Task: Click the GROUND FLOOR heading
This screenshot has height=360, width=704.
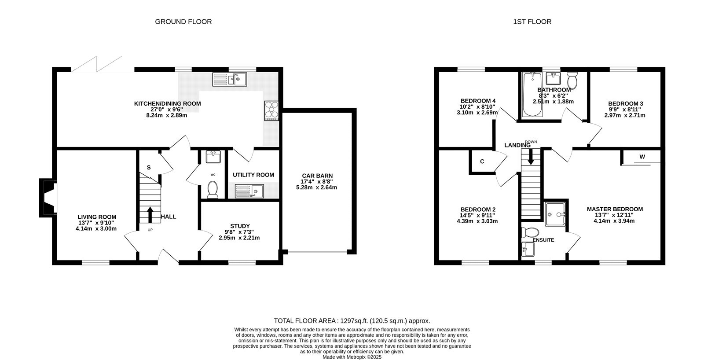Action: pos(183,22)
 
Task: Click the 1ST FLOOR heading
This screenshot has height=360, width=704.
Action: pos(532,22)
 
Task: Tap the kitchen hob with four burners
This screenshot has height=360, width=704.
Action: pos(271,110)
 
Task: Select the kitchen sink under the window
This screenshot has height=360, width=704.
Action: pos(230,79)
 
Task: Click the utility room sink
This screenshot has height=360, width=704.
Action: pos(249,191)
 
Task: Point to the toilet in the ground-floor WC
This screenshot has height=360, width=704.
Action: pos(213,190)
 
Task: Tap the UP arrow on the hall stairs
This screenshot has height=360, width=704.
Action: pos(150,215)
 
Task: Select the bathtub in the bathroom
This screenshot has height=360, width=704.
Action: pos(532,95)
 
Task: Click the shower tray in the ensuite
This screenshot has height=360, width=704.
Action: pos(555,214)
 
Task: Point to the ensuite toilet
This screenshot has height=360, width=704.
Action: pos(530,233)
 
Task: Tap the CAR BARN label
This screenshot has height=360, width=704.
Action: pos(317,176)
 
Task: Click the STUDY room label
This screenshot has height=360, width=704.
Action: pos(240,226)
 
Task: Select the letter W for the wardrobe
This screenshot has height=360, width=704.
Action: pos(642,157)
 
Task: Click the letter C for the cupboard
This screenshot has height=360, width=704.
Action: pos(482,162)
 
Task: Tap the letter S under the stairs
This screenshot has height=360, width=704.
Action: pos(149,168)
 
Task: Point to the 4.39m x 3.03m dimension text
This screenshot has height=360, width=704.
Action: pos(477,221)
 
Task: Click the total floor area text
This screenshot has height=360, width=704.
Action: pos(352,321)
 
